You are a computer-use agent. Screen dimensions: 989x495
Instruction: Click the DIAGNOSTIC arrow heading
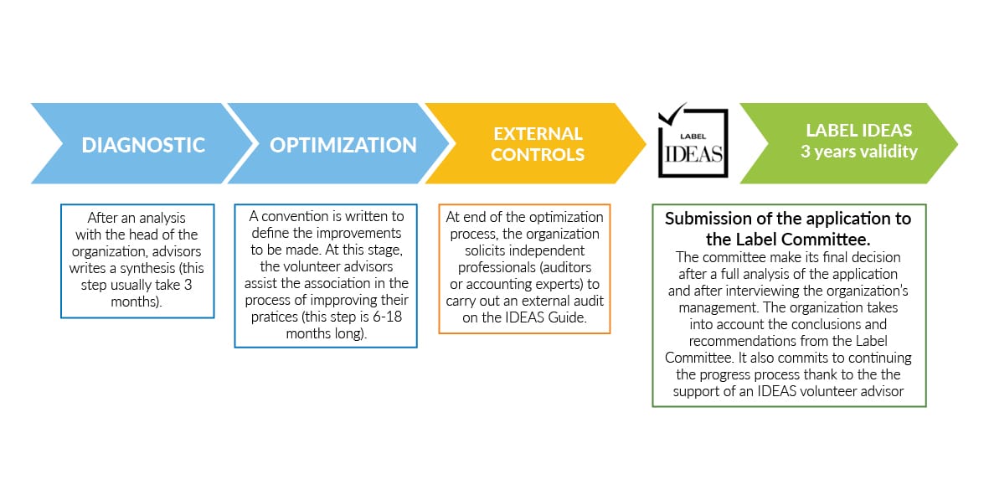(143, 145)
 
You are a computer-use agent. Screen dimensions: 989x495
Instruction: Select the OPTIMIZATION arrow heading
(343, 145)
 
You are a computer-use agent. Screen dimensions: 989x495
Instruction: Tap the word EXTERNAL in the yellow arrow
(538, 134)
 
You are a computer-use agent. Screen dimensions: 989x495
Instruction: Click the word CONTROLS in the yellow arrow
(538, 154)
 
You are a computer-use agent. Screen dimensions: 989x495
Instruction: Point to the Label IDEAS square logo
(693, 142)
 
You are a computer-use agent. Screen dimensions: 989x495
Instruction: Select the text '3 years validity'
(859, 152)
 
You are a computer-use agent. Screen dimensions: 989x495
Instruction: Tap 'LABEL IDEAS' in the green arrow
(859, 131)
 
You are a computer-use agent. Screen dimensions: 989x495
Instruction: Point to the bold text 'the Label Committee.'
(788, 240)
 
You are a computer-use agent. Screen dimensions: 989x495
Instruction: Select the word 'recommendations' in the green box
(743, 341)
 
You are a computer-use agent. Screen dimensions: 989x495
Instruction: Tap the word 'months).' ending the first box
(137, 302)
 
